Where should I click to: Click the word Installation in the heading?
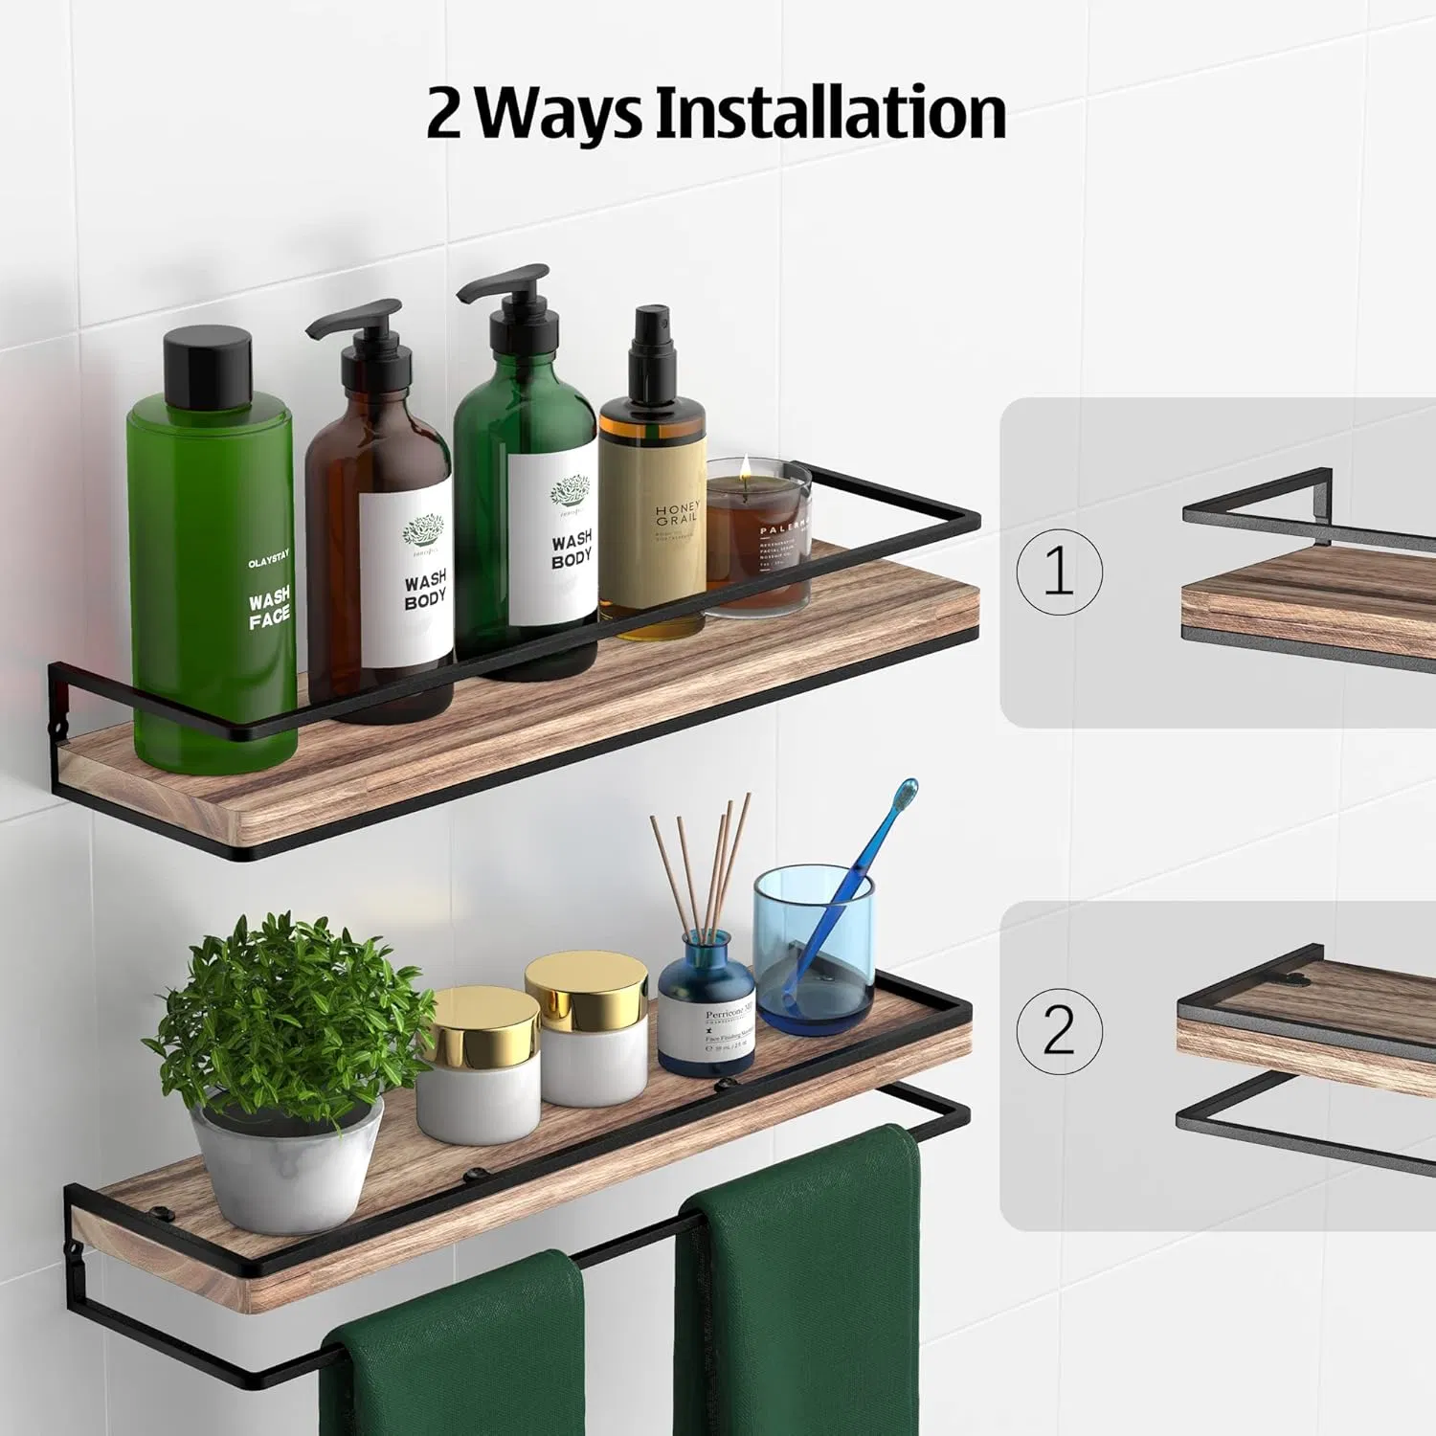[x=830, y=113]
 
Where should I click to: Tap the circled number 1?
[x=1059, y=572]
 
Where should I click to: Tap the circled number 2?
[x=1059, y=1030]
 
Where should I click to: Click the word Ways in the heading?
[x=560, y=113]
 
